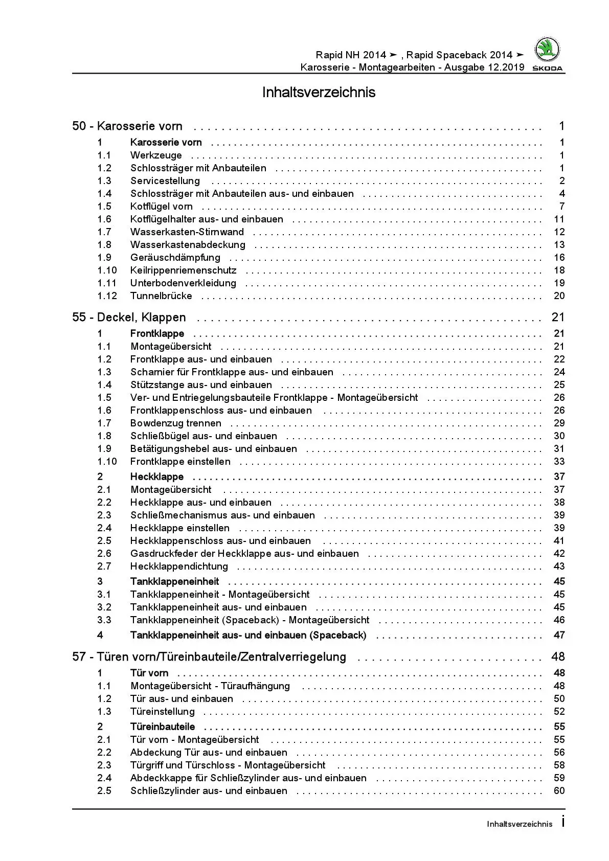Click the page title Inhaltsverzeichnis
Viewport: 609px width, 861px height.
tap(319, 93)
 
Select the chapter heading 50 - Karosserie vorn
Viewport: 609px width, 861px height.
tap(127, 126)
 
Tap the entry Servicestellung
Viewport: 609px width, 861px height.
tap(165, 181)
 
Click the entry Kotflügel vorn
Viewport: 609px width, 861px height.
tap(161, 207)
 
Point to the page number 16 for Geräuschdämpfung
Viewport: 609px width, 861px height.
tap(559, 258)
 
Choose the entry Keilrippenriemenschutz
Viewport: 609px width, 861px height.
tap(183, 270)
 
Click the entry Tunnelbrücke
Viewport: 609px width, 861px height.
tap(161, 296)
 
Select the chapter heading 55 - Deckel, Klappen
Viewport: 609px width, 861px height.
tap(129, 318)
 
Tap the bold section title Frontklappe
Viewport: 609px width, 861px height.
tap(157, 334)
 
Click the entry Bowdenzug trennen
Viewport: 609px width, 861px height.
tap(175, 423)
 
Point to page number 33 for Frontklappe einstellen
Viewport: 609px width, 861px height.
tap(559, 462)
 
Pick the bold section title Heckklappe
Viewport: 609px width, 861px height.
tap(156, 477)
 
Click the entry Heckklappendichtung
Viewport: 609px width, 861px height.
tap(179, 567)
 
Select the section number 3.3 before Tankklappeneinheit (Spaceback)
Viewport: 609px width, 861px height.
tap(104, 620)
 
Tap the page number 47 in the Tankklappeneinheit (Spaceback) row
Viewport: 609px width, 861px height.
tap(559, 635)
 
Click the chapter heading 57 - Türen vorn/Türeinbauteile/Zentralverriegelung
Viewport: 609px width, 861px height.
tap(209, 657)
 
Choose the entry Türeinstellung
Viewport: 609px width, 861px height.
tap(162, 712)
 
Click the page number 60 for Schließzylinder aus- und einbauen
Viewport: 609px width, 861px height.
tap(559, 791)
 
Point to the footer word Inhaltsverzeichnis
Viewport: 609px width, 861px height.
tap(520, 824)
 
